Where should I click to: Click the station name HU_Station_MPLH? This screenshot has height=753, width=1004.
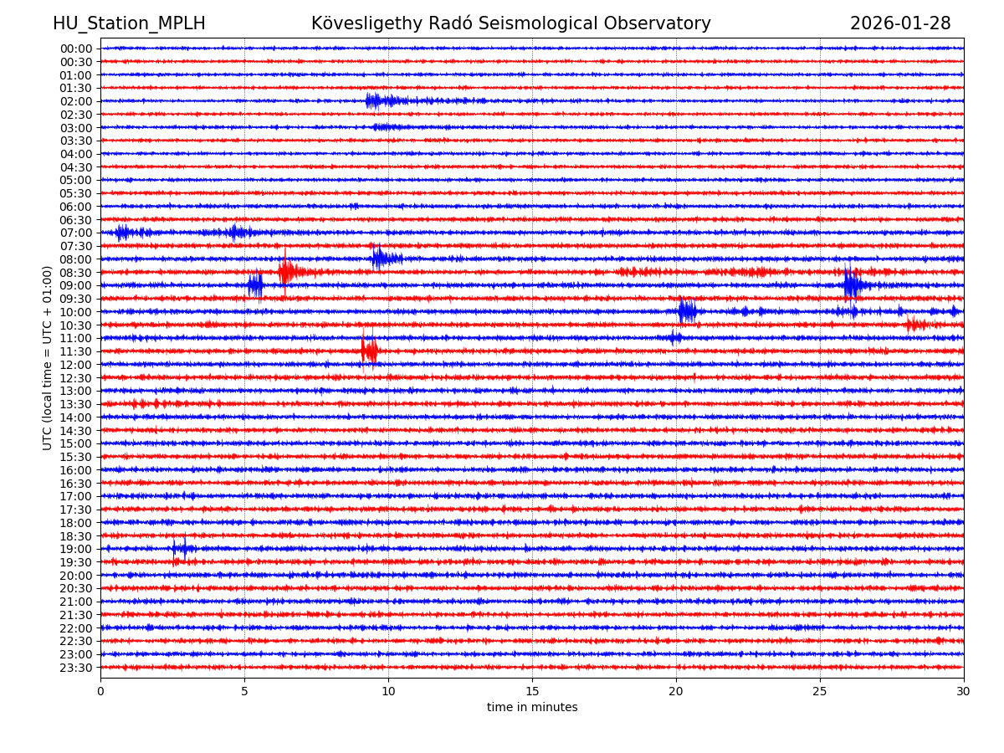pyautogui.click(x=129, y=23)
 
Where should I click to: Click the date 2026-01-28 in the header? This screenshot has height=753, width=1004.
pyautogui.click(x=900, y=23)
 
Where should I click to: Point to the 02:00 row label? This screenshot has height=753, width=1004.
pyautogui.click(x=76, y=101)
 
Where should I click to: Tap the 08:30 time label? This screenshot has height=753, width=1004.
pyautogui.click(x=76, y=273)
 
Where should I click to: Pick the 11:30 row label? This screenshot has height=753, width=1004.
pyautogui.click(x=76, y=351)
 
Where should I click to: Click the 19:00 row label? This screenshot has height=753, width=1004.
pyautogui.click(x=76, y=549)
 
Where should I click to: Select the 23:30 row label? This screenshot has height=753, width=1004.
pyautogui.click(x=76, y=668)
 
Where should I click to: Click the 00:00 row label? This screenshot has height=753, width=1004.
pyautogui.click(x=76, y=49)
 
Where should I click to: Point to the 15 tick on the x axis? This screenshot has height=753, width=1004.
pyautogui.click(x=532, y=691)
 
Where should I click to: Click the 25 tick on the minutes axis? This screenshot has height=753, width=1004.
pyautogui.click(x=820, y=691)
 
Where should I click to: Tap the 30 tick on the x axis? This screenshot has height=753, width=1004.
pyautogui.click(x=964, y=691)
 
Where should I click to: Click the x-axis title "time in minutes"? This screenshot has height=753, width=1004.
pyautogui.click(x=532, y=708)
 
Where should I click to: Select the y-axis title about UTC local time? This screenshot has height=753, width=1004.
pyautogui.click(x=49, y=357)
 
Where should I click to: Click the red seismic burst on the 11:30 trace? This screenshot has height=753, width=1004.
pyautogui.click(x=369, y=351)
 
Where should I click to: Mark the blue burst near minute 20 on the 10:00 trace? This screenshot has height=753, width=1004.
pyautogui.click(x=687, y=311)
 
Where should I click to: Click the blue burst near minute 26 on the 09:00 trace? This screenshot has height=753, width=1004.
pyautogui.click(x=852, y=285)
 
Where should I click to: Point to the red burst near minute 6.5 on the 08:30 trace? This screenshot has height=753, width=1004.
pyautogui.click(x=287, y=272)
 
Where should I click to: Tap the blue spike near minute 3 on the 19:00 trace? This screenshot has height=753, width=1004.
pyautogui.click(x=184, y=549)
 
